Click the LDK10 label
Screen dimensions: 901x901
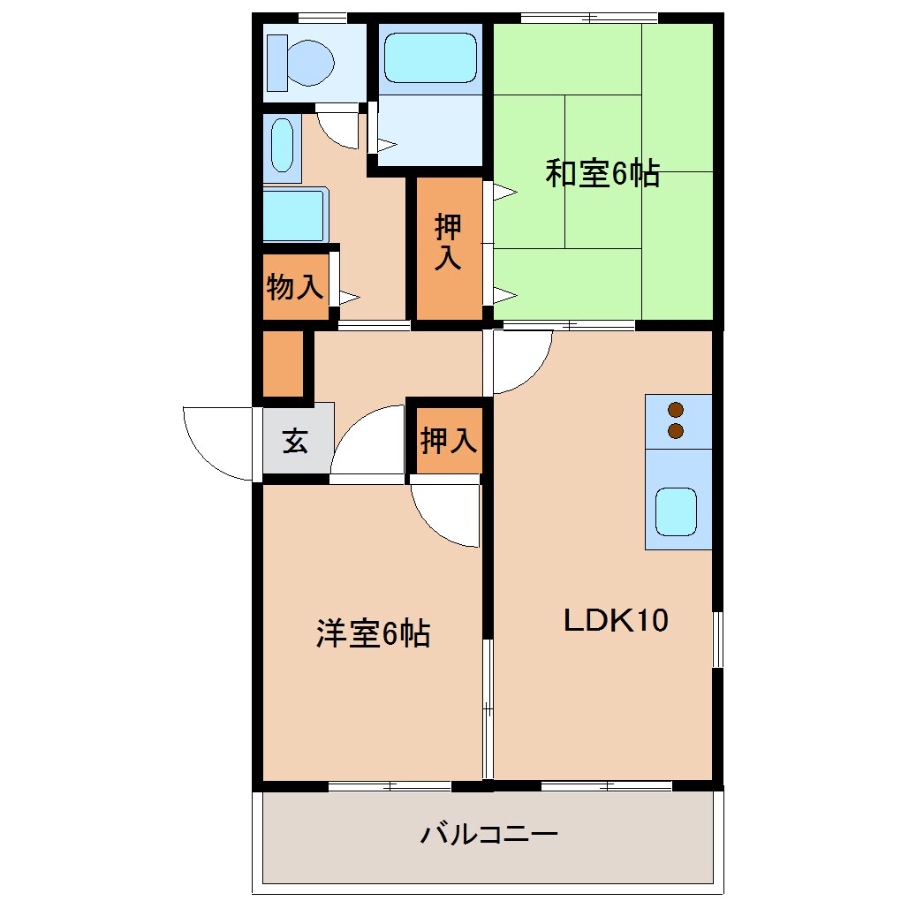[x=616, y=620]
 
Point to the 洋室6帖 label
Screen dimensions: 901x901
[x=373, y=633]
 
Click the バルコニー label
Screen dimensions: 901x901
[x=488, y=834]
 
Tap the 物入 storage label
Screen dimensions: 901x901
[x=294, y=286]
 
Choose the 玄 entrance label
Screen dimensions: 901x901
[x=295, y=441]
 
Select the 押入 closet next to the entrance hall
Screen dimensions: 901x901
[x=449, y=439]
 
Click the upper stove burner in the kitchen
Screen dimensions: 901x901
[x=677, y=410]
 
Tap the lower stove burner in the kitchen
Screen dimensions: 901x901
[x=677, y=431]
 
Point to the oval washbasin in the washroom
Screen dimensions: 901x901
[x=282, y=146]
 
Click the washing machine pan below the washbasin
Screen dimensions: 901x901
[x=294, y=215]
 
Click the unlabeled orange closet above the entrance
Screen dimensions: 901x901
[x=283, y=363]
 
